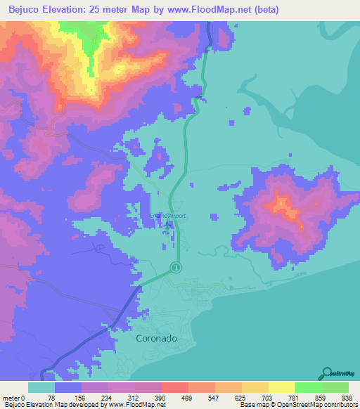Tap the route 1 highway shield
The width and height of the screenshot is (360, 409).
click(176, 267)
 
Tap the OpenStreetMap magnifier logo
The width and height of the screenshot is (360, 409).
click(327, 373)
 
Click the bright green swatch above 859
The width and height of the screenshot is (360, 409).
click(308, 387)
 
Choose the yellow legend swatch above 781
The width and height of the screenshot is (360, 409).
click(281, 387)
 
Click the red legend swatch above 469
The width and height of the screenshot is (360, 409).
click(174, 387)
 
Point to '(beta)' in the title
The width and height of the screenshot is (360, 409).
click(266, 10)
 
